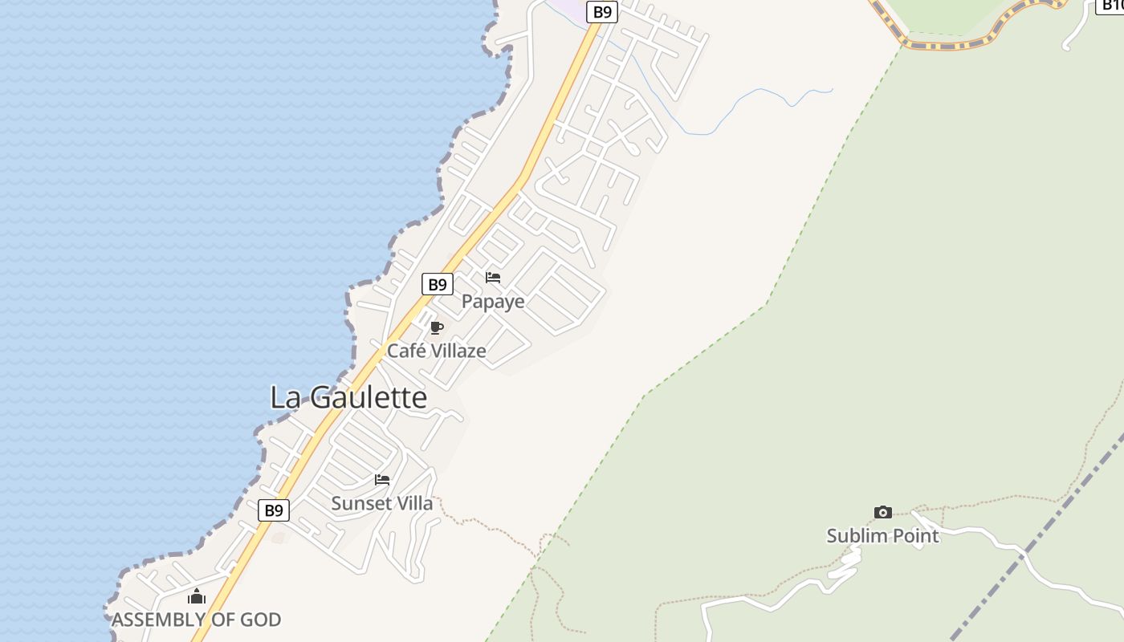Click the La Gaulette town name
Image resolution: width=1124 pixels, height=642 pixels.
[348, 397]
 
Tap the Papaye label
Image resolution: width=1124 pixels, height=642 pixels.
[493, 301]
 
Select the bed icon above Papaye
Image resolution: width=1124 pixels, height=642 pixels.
[493, 278]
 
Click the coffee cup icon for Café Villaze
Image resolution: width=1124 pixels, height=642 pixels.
[437, 327]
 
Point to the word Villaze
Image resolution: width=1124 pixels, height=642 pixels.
[457, 351]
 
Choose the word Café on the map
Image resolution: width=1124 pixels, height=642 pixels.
[405, 351]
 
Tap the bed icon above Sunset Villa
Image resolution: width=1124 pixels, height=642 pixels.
[382, 480]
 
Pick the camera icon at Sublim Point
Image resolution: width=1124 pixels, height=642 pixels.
[883, 512]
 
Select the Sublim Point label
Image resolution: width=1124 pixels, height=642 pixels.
[883, 535]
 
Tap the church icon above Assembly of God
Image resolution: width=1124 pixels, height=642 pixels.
[197, 596]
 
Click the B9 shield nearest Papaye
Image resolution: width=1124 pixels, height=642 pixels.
[437, 284]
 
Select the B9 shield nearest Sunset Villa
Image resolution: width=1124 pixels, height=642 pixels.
[274, 510]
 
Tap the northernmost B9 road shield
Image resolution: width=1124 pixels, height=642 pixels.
[601, 12]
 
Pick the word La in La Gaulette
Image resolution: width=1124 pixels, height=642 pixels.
[284, 397]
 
